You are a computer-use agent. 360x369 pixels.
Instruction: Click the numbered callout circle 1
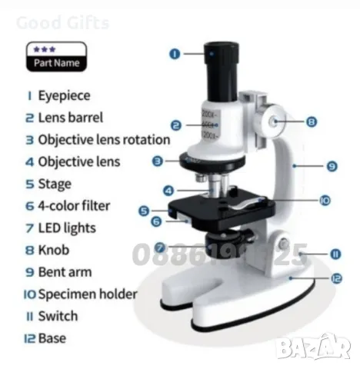pyautogui.click(x=175, y=54)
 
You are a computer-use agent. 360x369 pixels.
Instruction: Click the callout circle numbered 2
pyautogui.click(x=176, y=125)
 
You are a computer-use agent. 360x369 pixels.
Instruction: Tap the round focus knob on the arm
pyautogui.click(x=273, y=121)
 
